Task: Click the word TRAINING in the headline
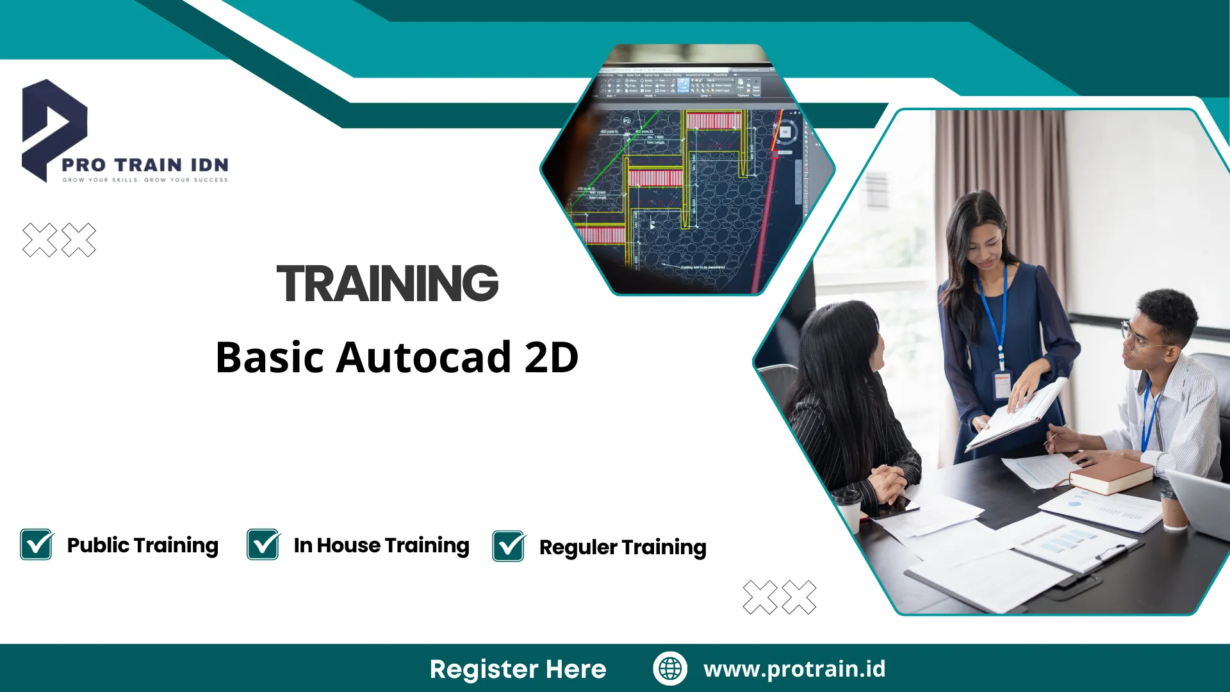coord(387,283)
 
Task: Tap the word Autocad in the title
coord(423,357)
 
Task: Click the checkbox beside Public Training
coord(37,545)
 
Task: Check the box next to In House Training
coord(263,545)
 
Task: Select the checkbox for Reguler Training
coord(509,547)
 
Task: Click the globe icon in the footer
coord(670,668)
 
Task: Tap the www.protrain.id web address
coord(794,668)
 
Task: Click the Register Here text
coord(518,669)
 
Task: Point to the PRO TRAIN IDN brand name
coord(145,165)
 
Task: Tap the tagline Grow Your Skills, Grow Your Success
coord(145,180)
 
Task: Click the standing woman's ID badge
coord(1001,384)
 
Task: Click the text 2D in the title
coord(551,357)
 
